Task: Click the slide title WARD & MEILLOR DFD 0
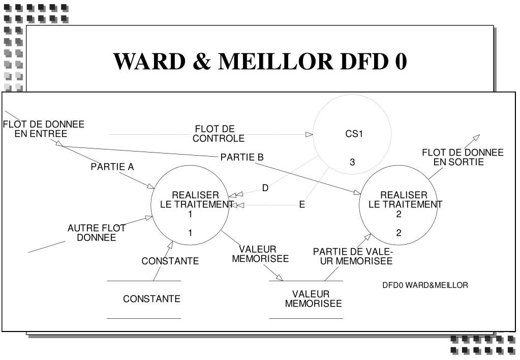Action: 260,62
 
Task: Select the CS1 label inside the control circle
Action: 354,134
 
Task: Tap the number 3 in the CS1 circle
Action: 352,162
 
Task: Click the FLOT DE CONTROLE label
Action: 218,133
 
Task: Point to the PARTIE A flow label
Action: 112,167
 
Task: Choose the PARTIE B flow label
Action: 242,157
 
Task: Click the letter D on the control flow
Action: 265,188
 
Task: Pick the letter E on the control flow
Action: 302,204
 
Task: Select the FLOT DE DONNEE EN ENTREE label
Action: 43,129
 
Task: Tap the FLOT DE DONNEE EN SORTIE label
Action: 463,157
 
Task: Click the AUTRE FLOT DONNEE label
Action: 97,232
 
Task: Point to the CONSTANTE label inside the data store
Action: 151,298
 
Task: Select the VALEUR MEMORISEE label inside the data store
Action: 313,298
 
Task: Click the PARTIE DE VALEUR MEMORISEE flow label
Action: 353,256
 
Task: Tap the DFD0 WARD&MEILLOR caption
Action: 425,285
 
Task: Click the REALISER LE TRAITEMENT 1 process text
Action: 196,204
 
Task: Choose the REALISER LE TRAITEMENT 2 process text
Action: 405,204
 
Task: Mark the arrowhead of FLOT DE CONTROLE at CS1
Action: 309,134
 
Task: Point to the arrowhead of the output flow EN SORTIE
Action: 476,137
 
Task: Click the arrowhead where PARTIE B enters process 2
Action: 357,192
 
